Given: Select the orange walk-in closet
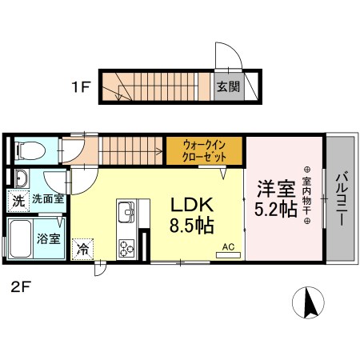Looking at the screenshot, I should tap(203, 150).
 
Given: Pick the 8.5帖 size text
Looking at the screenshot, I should tap(191, 225).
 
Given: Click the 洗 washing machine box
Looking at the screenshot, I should tap(18, 201).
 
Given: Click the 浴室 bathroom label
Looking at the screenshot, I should tap(50, 238).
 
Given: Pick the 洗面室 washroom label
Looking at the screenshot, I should tap(49, 199).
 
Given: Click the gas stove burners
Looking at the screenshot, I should tap(126, 248).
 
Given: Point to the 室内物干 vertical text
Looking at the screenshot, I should tap(306, 198).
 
